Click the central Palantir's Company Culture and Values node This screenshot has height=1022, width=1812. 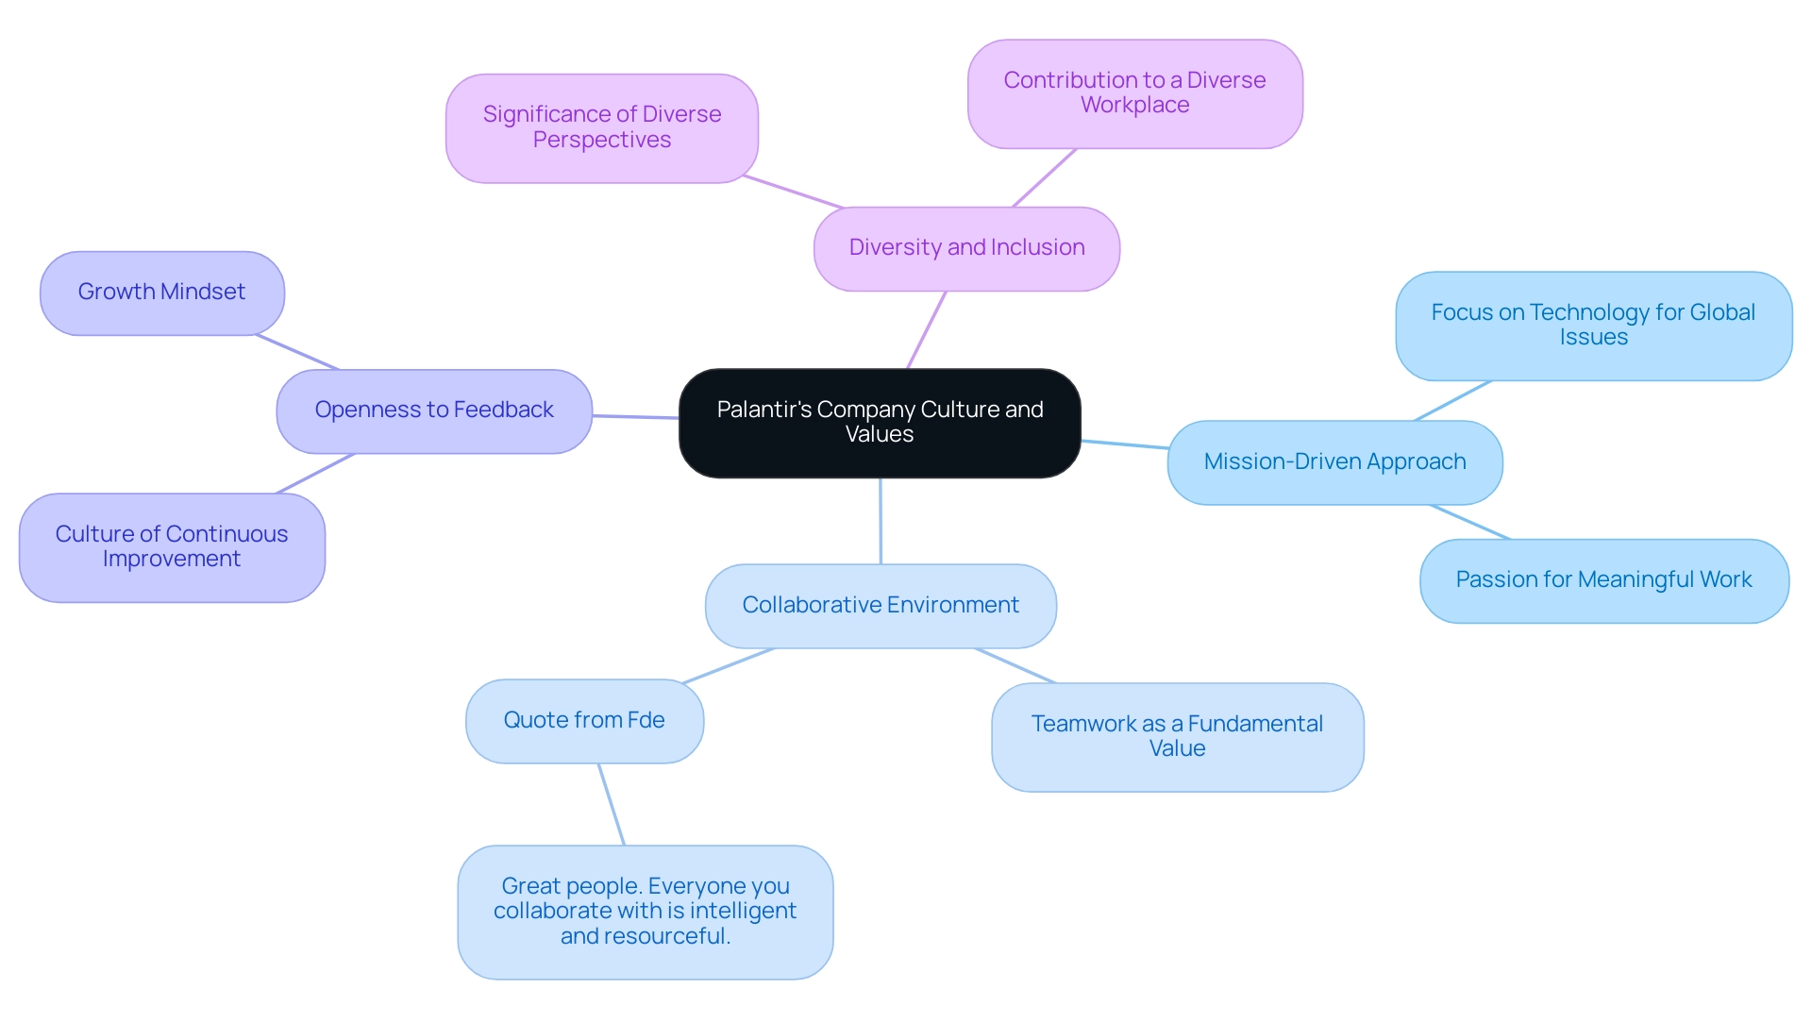(880, 423)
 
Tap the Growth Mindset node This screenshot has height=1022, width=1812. (161, 293)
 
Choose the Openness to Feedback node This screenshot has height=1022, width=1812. (434, 410)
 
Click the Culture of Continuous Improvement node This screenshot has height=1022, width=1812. (172, 547)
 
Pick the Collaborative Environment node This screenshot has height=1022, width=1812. (881, 606)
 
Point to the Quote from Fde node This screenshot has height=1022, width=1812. (584, 721)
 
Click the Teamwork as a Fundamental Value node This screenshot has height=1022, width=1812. (1177, 737)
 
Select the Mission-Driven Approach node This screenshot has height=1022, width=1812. (1334, 462)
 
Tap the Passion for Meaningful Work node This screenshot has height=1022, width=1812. (1603, 580)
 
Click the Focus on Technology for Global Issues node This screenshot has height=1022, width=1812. (1593, 326)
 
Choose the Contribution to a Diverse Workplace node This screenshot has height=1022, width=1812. (1134, 93)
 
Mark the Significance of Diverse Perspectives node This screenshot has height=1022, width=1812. (601, 128)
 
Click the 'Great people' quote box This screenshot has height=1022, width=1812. (645, 912)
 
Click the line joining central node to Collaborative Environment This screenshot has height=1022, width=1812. (881, 521)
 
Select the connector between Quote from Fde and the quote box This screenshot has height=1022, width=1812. (612, 804)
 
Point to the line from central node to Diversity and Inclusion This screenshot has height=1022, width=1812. (927, 329)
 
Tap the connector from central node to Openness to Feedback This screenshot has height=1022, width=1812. (635, 416)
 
